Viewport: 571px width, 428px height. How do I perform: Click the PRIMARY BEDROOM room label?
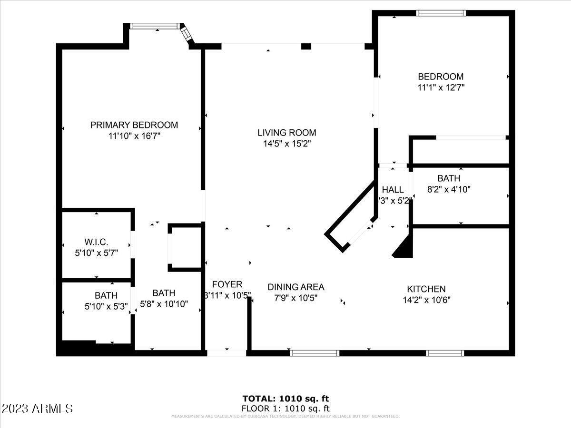point(134,125)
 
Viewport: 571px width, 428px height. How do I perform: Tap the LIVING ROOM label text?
point(286,133)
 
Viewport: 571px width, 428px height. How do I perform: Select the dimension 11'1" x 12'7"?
point(441,88)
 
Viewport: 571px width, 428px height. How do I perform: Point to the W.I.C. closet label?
point(97,242)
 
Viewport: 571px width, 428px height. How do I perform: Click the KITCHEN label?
point(426,289)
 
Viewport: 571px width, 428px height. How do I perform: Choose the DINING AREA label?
point(295,287)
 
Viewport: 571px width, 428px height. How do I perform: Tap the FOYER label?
point(227,284)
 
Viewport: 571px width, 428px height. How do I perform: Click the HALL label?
point(393,190)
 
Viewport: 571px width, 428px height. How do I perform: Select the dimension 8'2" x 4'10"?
point(449,189)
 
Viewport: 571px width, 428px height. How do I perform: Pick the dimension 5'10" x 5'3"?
point(106,307)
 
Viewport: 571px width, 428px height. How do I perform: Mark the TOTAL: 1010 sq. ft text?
point(285,399)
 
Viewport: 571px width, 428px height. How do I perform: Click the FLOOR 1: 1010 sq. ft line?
point(285,408)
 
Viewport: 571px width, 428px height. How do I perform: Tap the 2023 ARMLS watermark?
point(37,409)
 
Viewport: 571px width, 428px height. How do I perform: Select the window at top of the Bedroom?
point(440,13)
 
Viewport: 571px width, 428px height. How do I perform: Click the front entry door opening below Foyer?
point(226,353)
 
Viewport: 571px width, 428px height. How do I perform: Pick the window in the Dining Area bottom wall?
point(315,353)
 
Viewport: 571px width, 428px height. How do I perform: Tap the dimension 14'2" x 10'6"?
point(426,300)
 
